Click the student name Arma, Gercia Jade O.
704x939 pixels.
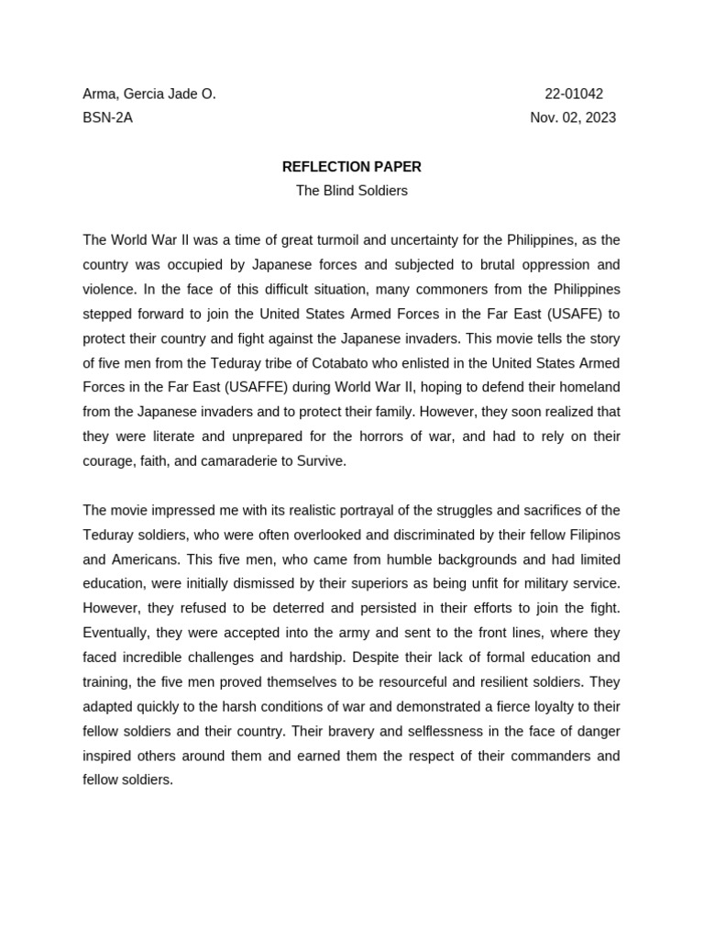[149, 94]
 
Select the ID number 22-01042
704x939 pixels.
[574, 94]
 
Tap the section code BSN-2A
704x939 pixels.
[107, 117]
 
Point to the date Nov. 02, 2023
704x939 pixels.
[573, 117]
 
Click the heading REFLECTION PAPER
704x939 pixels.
[351, 167]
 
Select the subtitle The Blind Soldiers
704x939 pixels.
[351, 191]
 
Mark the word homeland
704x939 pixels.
[585, 388]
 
